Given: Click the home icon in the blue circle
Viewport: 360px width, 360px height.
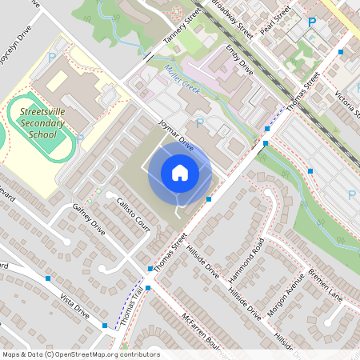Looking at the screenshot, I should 180,173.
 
